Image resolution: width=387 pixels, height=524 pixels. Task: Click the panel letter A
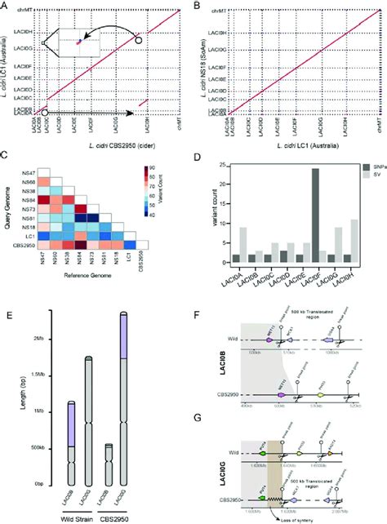point(7,6)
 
